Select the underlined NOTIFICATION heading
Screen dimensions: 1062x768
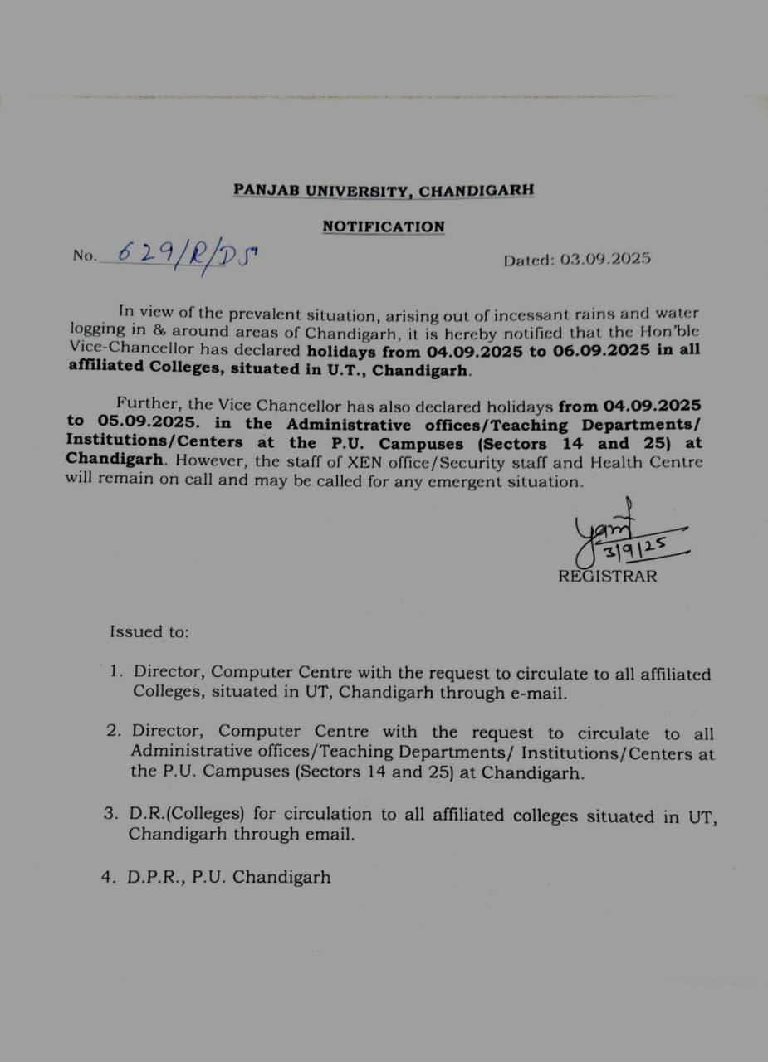[384, 227]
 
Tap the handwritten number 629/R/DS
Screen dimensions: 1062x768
[188, 252]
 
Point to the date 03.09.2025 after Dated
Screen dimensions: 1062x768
[605, 259]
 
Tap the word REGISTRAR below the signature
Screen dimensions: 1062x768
[607, 576]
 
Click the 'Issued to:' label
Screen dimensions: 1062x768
[149, 631]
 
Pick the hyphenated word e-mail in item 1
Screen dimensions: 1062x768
[537, 694]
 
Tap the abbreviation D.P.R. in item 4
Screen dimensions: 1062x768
[154, 877]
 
